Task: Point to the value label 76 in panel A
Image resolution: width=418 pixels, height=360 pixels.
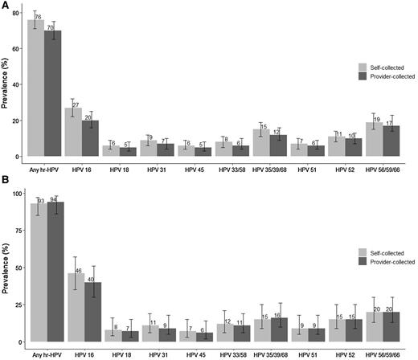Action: (38, 17)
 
